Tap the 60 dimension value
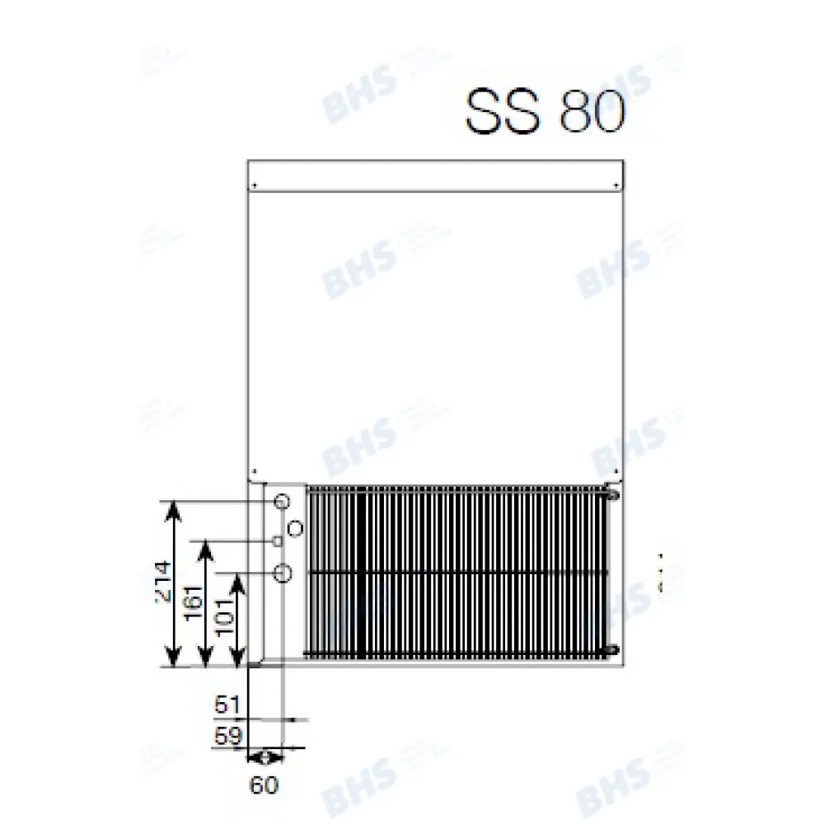click(x=265, y=785)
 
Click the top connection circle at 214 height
click(x=282, y=501)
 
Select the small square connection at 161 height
click(x=279, y=541)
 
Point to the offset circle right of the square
click(x=296, y=527)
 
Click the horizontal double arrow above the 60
click(x=265, y=756)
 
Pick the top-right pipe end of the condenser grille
click(x=611, y=494)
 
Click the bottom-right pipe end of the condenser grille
click(x=611, y=652)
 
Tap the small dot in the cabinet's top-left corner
click(x=255, y=184)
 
